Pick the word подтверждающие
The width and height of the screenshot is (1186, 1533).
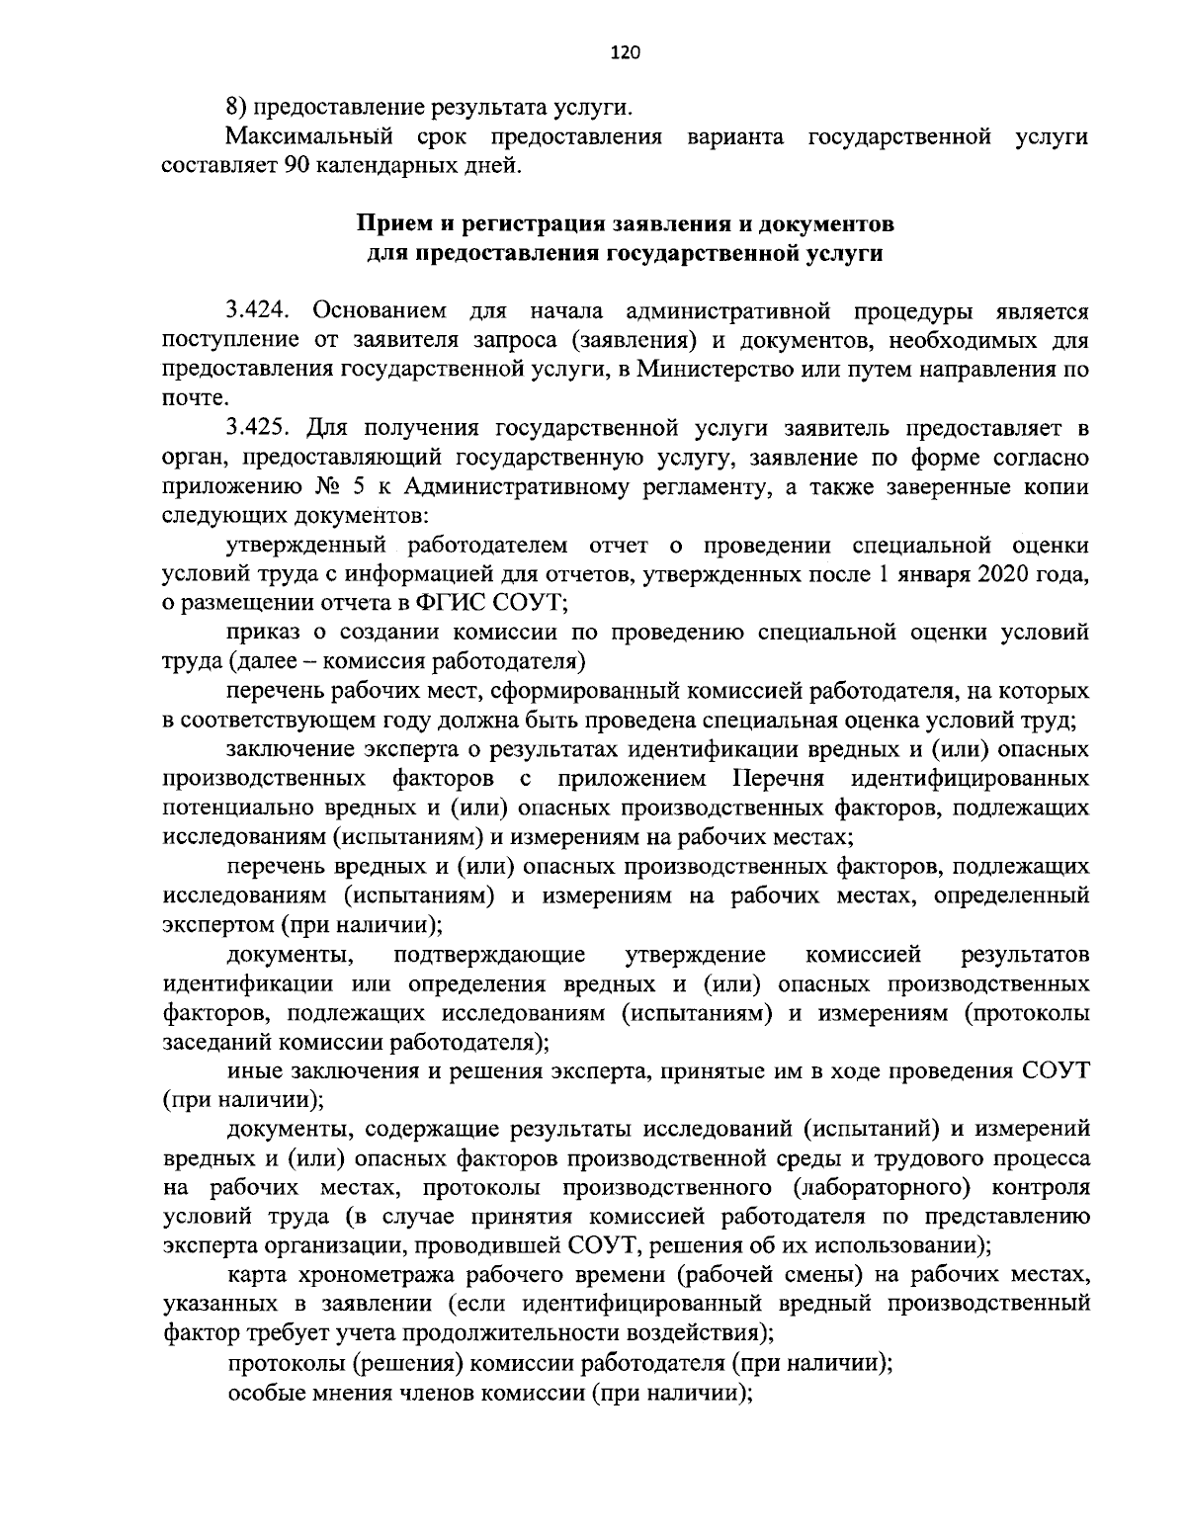coord(488,956)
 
